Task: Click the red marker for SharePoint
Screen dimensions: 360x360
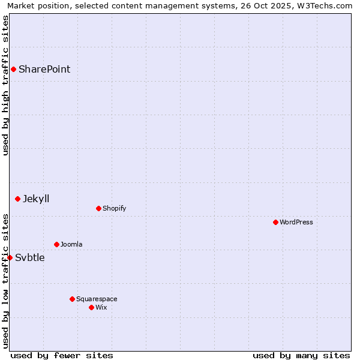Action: (13, 69)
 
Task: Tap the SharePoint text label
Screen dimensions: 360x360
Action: (44, 69)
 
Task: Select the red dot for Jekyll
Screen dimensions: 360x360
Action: (18, 199)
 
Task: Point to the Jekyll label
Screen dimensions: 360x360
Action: (36, 199)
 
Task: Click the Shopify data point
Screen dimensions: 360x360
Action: (98, 208)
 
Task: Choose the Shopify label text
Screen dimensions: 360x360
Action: (114, 208)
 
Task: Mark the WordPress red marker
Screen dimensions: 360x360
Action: (275, 222)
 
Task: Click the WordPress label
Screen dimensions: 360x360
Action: (296, 222)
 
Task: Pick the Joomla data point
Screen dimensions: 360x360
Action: (56, 244)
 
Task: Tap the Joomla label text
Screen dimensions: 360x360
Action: (71, 244)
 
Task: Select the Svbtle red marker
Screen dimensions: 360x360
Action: (10, 257)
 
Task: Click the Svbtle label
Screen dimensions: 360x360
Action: (30, 258)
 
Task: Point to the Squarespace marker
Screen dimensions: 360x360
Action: (72, 299)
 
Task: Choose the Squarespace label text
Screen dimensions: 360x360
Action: (97, 299)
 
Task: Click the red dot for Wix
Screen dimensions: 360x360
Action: (91, 307)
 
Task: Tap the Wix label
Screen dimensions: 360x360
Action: (101, 307)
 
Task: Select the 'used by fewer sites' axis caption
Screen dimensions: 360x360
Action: (62, 355)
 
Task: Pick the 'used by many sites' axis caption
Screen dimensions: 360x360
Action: (301, 355)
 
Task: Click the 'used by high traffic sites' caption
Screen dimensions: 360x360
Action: (5, 85)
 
